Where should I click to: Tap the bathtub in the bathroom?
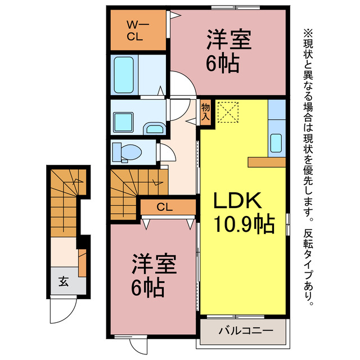[124, 75]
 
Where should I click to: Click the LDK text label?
[236, 200]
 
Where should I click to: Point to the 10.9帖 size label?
[243, 224]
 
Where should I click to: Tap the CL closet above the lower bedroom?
[164, 208]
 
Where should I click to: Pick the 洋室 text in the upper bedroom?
[228, 41]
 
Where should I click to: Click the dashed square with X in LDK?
[228, 111]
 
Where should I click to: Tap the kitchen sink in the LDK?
[276, 143]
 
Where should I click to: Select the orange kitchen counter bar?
[267, 162]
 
